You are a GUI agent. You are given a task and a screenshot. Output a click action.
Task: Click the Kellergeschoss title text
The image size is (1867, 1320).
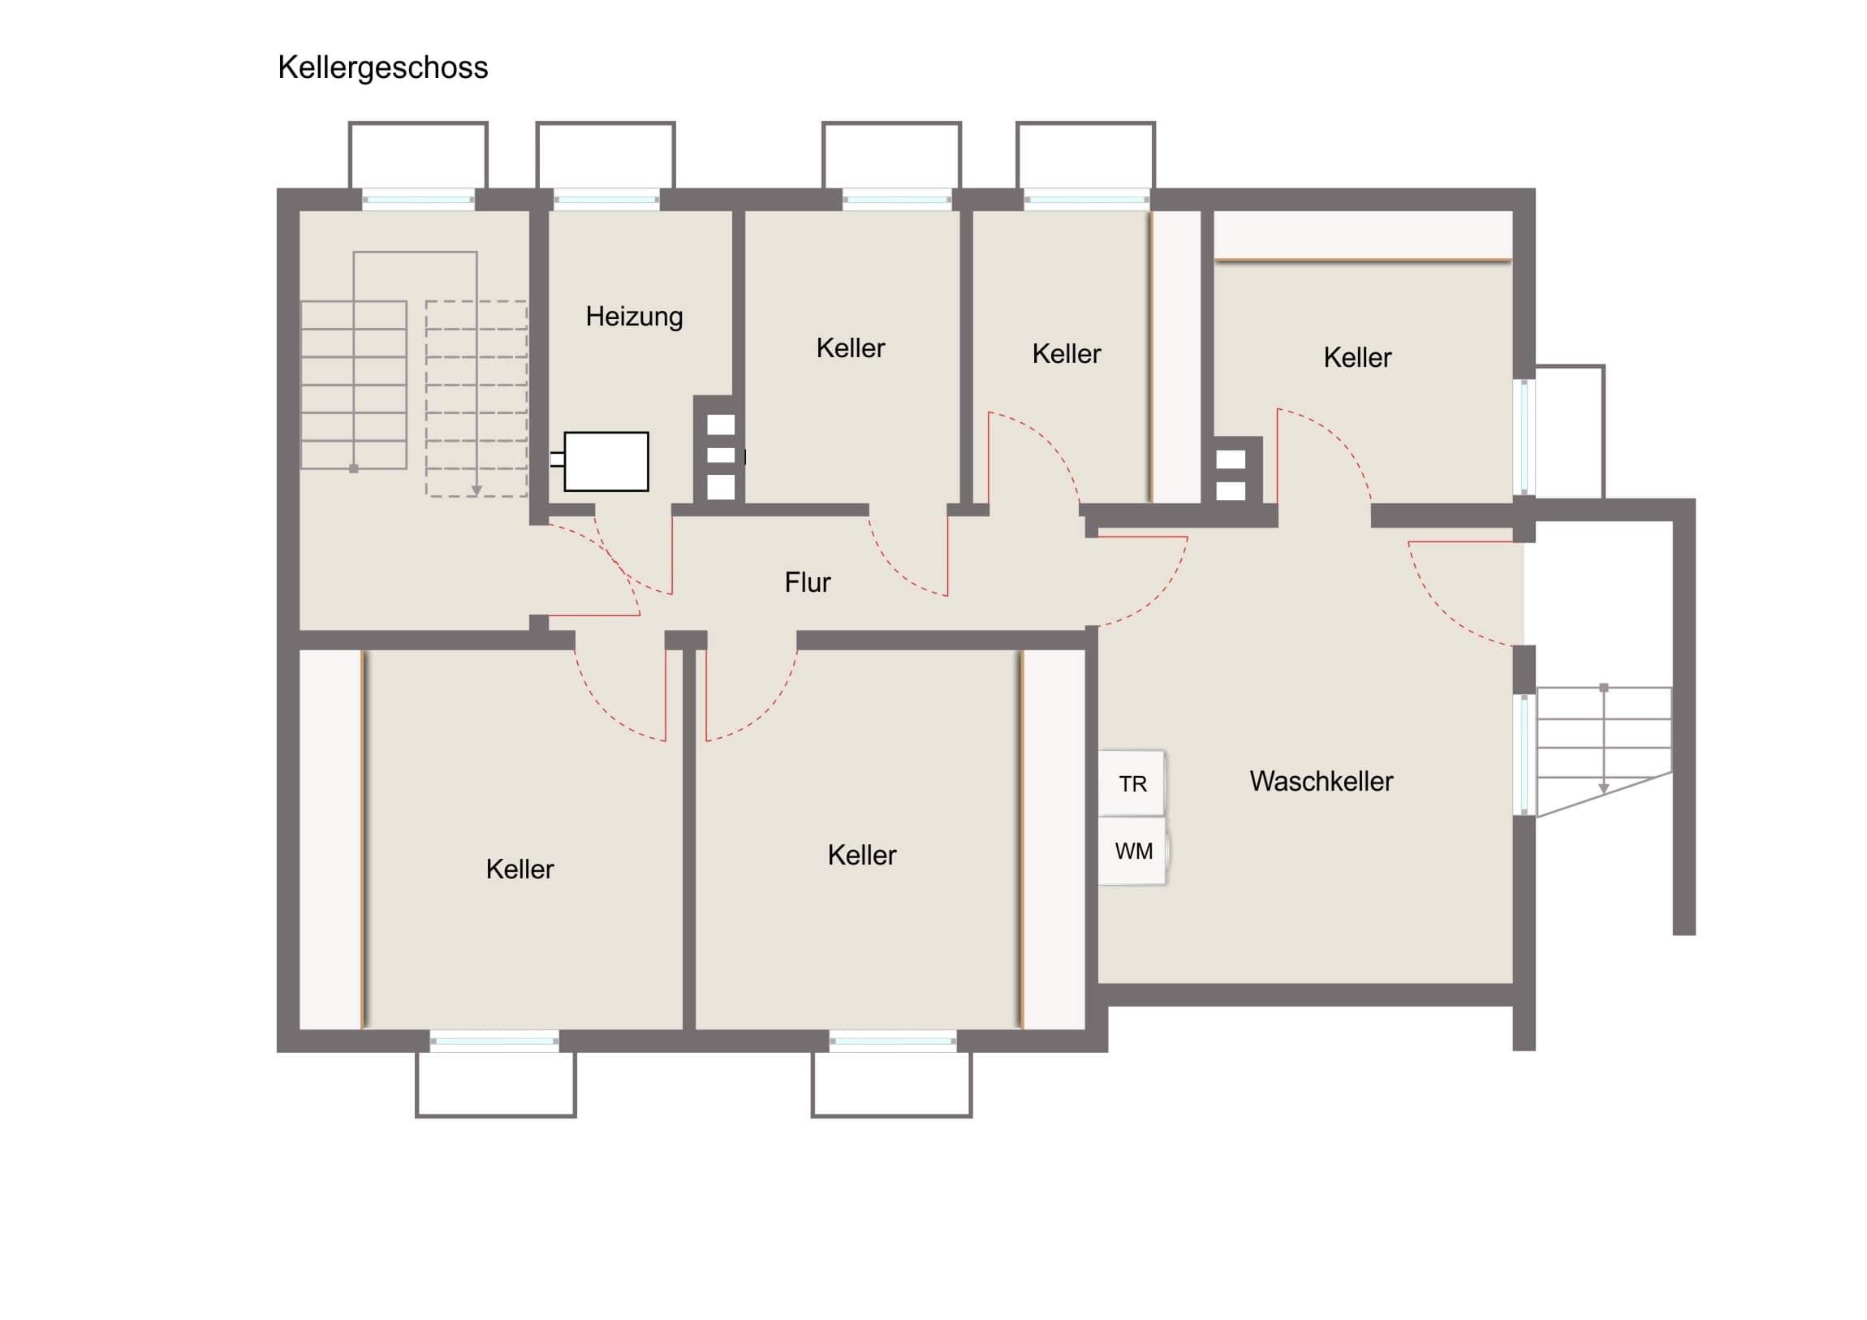[383, 68]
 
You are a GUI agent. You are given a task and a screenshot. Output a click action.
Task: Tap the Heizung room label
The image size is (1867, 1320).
[634, 317]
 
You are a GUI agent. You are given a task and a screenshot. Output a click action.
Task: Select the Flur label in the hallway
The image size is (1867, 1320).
[808, 582]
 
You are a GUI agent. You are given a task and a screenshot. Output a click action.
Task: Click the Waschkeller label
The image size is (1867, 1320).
[1322, 781]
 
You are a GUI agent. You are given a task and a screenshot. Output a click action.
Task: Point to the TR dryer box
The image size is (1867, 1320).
[1132, 783]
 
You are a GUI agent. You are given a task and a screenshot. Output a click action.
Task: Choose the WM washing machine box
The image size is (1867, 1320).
[1132, 851]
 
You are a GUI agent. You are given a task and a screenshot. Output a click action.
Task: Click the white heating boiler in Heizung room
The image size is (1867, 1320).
[606, 461]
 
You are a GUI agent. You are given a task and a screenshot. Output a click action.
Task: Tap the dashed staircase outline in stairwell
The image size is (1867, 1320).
[476, 399]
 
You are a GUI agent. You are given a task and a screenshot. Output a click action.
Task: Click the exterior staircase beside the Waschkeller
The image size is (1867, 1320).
[1603, 751]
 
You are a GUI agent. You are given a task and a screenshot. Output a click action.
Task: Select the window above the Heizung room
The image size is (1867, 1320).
[606, 199]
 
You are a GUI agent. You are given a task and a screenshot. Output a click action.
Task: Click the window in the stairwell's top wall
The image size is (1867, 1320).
[418, 199]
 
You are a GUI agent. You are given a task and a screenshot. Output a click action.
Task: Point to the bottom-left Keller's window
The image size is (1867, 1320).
[494, 1041]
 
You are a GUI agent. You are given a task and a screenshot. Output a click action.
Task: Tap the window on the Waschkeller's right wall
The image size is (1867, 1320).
[1524, 754]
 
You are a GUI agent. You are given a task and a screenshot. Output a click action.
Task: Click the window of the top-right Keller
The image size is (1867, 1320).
[1524, 438]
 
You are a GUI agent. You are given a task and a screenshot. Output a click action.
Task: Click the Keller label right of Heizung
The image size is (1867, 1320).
[851, 348]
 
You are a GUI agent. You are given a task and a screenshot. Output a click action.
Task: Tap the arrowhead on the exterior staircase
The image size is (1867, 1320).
[1603, 789]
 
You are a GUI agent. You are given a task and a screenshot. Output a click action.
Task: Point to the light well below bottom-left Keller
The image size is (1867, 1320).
[496, 1085]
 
